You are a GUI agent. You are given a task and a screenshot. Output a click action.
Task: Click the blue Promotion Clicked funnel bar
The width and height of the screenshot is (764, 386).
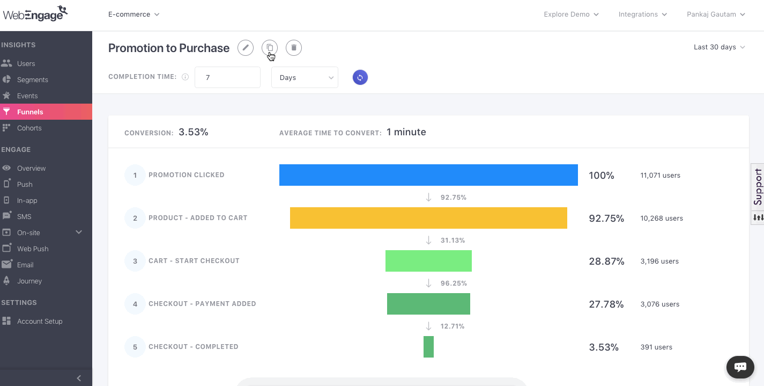pos(428,175)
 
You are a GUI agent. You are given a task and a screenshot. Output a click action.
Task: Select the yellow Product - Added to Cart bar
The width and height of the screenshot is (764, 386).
pos(428,218)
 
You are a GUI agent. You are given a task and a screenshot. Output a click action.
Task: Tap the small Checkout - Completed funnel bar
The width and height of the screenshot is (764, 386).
pos(428,347)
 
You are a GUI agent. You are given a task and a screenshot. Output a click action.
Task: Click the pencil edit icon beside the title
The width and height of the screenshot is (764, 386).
pos(246,48)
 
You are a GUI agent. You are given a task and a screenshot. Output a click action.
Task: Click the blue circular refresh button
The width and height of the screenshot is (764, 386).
pos(360,77)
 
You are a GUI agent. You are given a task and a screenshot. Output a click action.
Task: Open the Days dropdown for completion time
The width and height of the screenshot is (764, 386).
pos(305,77)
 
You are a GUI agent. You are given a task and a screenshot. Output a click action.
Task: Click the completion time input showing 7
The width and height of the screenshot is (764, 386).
pos(227,77)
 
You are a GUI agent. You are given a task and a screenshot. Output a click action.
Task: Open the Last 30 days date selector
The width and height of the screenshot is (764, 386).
pos(719,47)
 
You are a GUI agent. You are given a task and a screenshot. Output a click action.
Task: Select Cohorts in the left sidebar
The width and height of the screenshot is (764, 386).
pos(29,128)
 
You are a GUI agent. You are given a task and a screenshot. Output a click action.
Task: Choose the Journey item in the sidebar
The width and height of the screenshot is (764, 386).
pos(29,281)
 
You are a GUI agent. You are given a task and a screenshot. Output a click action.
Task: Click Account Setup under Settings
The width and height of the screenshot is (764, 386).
pos(39,321)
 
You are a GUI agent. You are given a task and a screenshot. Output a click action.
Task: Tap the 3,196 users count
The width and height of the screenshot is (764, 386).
pos(659,261)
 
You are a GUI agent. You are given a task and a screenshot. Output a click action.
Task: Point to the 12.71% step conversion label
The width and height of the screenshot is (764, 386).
pos(453,326)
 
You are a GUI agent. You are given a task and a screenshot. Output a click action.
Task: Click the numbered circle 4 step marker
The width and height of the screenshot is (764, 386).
pos(135,304)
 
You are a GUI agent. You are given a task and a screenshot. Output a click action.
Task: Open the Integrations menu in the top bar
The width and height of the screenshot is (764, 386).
pos(642,14)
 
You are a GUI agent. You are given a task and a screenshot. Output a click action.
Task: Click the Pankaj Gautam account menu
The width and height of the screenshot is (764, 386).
pos(716,14)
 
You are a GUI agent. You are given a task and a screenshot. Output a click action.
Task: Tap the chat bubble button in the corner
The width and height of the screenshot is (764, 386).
pos(740,367)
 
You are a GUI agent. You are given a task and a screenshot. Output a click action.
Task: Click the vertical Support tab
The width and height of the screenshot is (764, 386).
pos(758,187)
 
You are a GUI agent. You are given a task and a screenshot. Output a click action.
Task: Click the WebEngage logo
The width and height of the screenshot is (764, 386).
pos(35,14)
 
